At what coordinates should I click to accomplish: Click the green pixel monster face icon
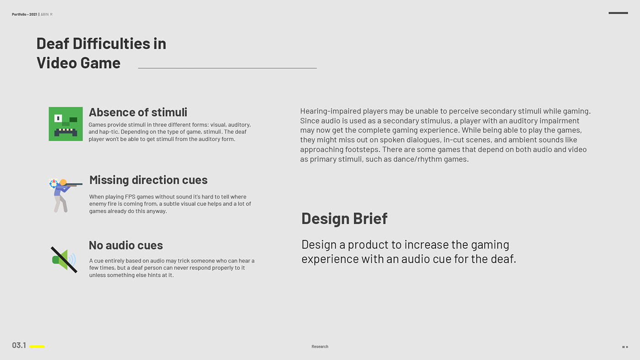[66, 124]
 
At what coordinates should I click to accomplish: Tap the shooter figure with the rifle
[63, 196]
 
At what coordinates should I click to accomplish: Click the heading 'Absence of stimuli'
[138, 112]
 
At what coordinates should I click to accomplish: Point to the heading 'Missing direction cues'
[149, 180]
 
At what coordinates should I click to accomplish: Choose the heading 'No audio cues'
[126, 245]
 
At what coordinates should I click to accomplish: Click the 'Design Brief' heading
[344, 219]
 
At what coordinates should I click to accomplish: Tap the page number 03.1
[19, 345]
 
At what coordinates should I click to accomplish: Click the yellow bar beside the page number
[37, 347]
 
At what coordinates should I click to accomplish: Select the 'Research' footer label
[320, 347]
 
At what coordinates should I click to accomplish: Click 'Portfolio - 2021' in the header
[25, 14]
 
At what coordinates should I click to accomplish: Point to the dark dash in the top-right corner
[618, 13]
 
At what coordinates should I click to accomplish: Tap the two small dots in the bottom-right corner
[625, 347]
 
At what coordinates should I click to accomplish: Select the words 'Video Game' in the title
[79, 63]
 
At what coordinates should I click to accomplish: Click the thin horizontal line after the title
[228, 68]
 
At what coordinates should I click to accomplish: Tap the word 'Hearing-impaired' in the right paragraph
[331, 111]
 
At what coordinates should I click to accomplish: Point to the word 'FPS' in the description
[130, 197]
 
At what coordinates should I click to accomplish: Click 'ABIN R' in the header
[47, 14]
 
